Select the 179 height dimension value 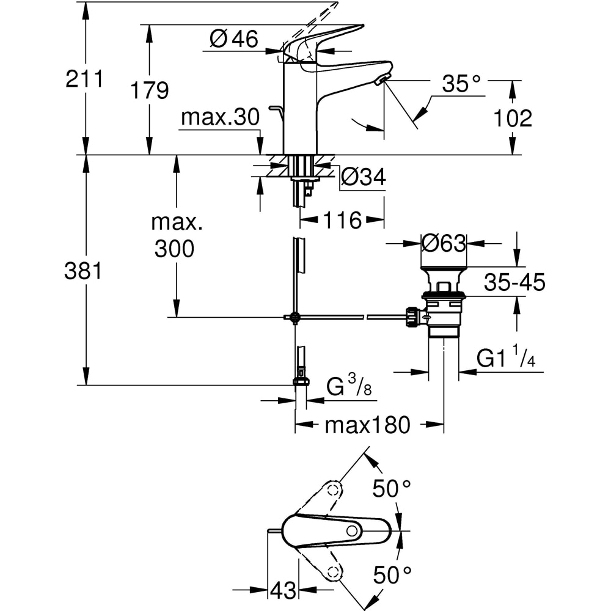tap(149, 90)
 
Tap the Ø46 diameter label tap(234, 40)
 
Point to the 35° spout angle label tap(462, 85)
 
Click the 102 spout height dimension tap(514, 118)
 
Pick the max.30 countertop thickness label tap(221, 117)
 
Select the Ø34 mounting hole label tap(364, 178)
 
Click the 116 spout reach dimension tap(343, 220)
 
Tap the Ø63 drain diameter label tap(444, 243)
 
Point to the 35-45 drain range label tap(514, 283)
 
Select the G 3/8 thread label tap(348, 387)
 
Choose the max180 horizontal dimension tap(367, 425)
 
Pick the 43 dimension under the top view tap(282, 590)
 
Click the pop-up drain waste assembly tap(443, 302)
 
